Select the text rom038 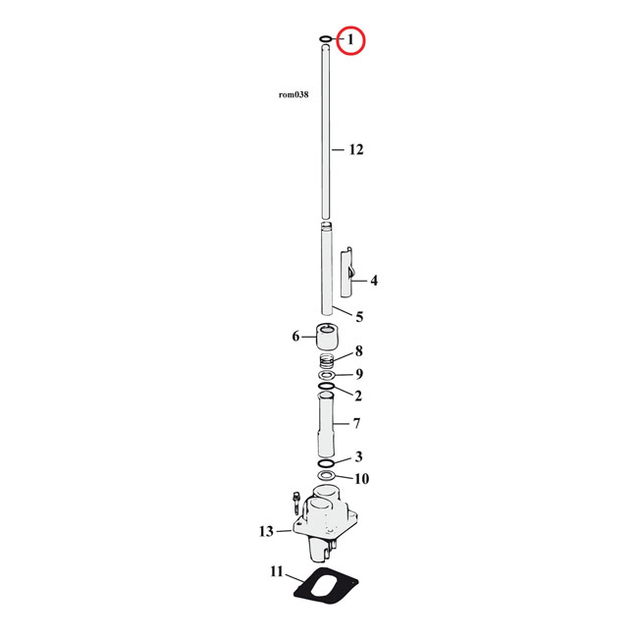[x=293, y=94]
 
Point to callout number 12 [x=356, y=150]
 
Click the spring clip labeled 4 [x=346, y=273]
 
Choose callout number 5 [x=359, y=317]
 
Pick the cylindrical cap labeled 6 [x=326, y=337]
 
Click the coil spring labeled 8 [x=326, y=360]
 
